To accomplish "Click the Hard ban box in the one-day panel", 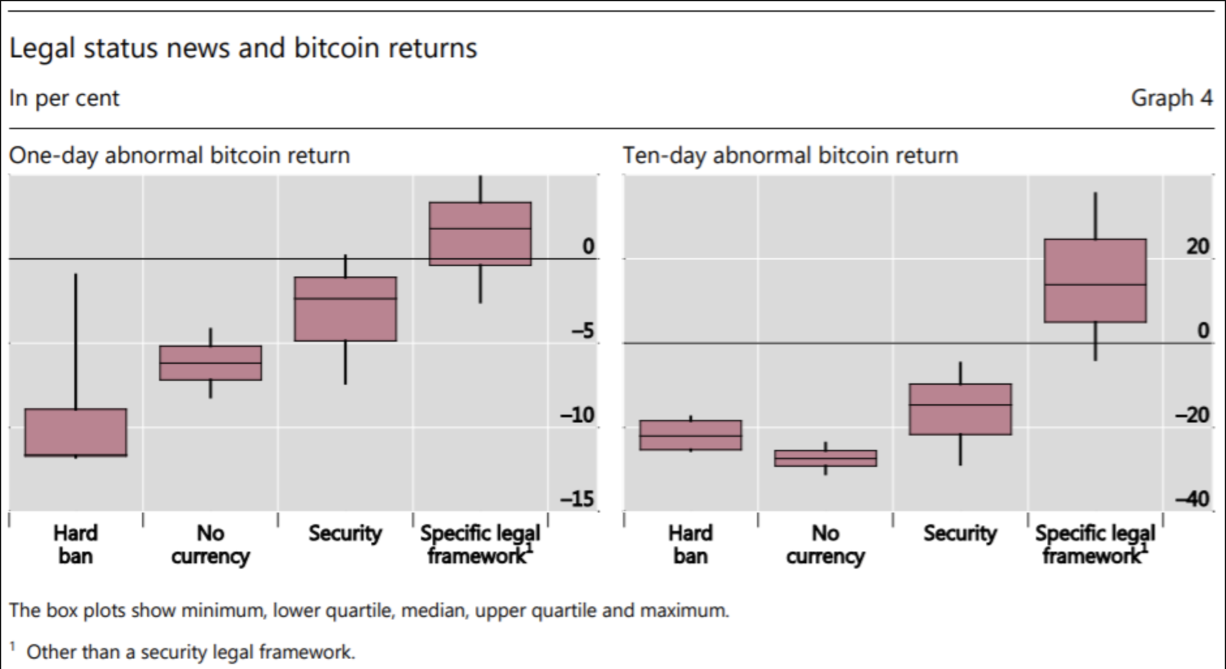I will pos(76,432).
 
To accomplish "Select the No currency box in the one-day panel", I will pos(210,363).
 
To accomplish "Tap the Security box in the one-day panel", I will pos(345,309).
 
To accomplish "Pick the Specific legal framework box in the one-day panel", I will pos(480,233).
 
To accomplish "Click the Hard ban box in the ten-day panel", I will pos(691,435).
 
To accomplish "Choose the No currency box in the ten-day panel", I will pos(825,458).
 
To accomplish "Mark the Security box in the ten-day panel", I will pos(960,409).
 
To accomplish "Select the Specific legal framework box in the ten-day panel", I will pos(1095,281).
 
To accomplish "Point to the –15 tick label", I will pos(577,499).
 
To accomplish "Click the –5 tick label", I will pos(582,331).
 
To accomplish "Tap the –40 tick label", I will pos(1192,499).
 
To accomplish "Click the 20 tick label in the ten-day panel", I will pos(1197,246).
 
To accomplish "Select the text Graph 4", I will pos(1171,98).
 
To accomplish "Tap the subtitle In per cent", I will pos(64,98).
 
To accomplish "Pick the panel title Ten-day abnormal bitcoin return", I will pos(790,156).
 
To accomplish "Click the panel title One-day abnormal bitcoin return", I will pos(179,156).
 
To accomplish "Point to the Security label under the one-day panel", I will pos(345,533).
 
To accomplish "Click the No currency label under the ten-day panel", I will pos(825,544).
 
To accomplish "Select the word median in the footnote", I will pos(433,611).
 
